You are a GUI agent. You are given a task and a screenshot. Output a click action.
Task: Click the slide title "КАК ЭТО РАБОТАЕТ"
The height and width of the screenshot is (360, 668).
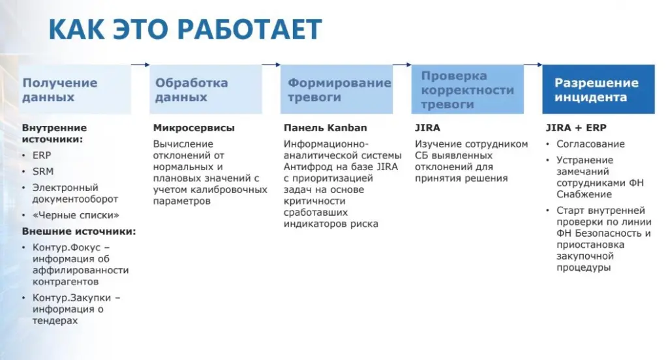186,29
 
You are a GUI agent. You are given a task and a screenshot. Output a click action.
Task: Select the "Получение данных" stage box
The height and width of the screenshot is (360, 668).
74,90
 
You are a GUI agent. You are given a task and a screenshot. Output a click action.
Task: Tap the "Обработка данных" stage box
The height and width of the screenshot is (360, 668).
206,90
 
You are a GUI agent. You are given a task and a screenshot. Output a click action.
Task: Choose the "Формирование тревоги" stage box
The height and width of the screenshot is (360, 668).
337,90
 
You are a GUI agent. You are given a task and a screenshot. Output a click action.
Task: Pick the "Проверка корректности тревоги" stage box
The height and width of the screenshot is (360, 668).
467,90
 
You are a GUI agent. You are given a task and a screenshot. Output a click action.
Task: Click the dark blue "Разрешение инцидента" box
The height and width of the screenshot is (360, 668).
598,90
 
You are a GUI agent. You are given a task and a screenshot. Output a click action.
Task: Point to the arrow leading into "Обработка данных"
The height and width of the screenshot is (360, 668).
140,65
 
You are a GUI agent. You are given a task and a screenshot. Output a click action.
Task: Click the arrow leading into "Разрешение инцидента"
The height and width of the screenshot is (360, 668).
533,65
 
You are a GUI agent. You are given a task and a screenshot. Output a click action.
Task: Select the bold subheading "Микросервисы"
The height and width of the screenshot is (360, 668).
194,128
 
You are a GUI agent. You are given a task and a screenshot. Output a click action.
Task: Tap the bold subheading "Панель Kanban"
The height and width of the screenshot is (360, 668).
326,128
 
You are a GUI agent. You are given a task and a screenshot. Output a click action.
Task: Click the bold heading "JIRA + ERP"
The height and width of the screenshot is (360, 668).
576,128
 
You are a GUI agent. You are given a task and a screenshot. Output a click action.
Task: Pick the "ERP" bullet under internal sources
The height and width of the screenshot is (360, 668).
42,155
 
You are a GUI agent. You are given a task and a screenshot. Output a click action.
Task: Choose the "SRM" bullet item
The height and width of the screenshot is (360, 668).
43,172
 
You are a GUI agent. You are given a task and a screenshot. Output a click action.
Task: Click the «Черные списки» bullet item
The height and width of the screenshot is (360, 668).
76,215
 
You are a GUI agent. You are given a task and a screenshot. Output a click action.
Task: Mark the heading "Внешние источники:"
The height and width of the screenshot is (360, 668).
79,232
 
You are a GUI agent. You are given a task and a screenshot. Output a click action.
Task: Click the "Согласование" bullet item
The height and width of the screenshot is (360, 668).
590,144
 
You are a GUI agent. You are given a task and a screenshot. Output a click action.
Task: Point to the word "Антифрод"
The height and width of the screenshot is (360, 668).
307,167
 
